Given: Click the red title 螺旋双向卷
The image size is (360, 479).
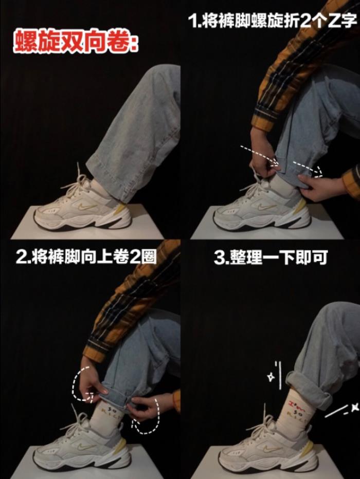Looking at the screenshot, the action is click(x=76, y=41).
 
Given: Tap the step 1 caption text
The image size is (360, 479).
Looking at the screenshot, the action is click(x=272, y=21).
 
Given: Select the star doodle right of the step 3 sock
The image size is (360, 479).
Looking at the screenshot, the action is click(x=355, y=408).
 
